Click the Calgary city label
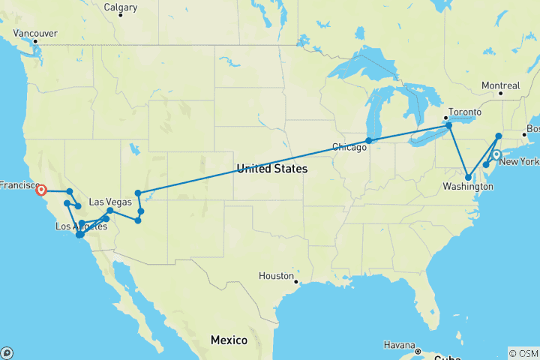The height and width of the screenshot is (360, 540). coord(121,7)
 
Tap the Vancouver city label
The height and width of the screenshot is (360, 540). coord(35,33)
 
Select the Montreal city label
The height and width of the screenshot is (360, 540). coord(500,85)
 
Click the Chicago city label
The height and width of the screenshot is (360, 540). coord(349,148)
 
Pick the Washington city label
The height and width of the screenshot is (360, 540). coord(463,185)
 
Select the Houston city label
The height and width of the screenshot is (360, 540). coord(276,276)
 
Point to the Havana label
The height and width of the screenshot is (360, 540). coord(398,345)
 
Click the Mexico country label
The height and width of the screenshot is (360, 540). coord(229,340)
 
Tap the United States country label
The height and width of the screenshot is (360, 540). coord(271,169)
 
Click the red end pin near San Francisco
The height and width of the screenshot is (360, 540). coord(41,190)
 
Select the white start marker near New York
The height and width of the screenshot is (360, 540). coord(496,155)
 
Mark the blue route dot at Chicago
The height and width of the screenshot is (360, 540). coord(369,140)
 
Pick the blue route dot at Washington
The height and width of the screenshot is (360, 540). coord(469,178)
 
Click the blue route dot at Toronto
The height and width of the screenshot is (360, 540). coord(449,125)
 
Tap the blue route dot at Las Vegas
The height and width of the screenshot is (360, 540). coord(110,211)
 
